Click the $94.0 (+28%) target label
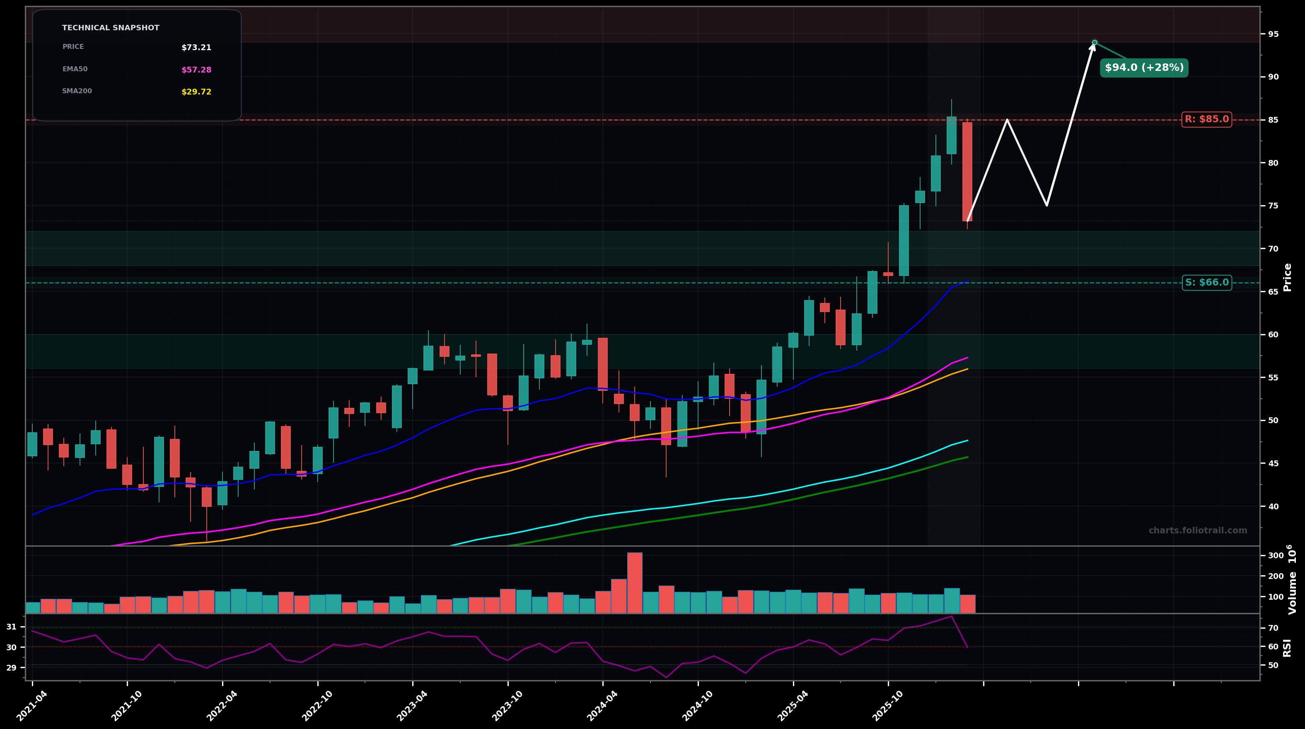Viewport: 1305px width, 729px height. [x=1144, y=68]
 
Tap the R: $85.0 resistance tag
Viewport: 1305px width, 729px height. [x=1206, y=120]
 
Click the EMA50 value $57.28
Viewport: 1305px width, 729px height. [x=196, y=70]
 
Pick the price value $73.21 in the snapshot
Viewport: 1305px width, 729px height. [x=196, y=48]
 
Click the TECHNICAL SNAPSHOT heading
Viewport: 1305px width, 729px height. [x=111, y=28]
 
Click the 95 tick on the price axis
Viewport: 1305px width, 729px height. [x=1273, y=34]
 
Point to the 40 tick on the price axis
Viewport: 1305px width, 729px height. [x=1273, y=506]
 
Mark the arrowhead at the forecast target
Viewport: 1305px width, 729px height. [x=1093, y=46]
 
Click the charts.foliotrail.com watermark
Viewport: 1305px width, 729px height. [x=1198, y=531]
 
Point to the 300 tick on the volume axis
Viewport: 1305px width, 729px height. [x=1276, y=556]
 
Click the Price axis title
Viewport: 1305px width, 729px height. [x=1287, y=277]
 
